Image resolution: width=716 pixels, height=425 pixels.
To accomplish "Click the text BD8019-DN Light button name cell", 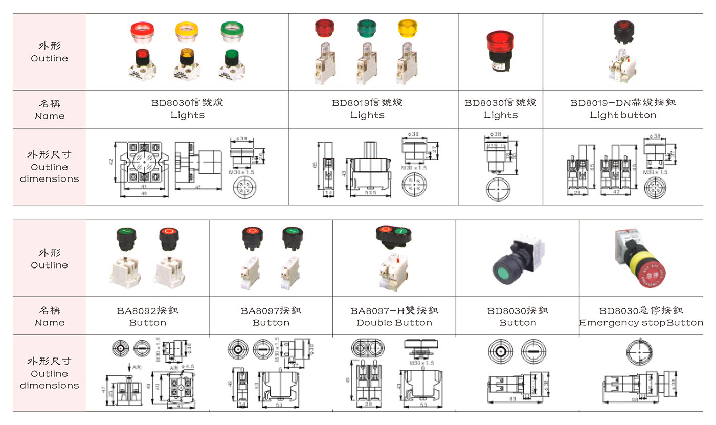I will pyautogui.click(x=623, y=108).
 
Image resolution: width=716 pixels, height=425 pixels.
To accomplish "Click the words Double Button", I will pyautogui.click(x=394, y=323).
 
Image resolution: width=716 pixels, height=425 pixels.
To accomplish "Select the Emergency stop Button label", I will pyautogui.click(x=641, y=323).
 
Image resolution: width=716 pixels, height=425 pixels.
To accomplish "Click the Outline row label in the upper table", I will pyautogui.click(x=49, y=52).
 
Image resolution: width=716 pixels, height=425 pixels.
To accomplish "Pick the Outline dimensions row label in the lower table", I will pyautogui.click(x=49, y=373).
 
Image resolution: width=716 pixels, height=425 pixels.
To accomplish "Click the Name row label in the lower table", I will pyautogui.click(x=49, y=316).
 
